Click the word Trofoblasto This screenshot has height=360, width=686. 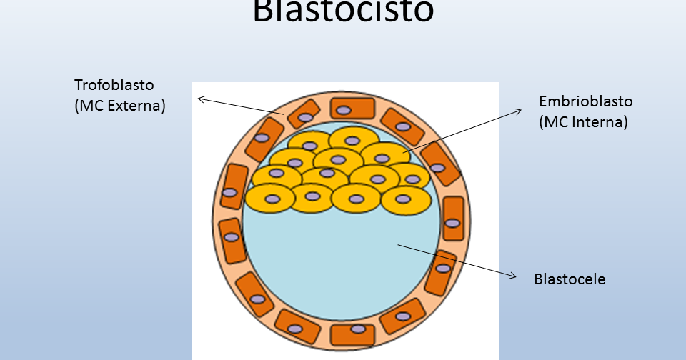click(x=114, y=85)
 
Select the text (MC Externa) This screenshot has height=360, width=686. click(x=120, y=106)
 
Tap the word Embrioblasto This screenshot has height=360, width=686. click(x=585, y=101)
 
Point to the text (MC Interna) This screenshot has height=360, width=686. click(x=583, y=122)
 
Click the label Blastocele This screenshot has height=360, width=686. click(x=570, y=279)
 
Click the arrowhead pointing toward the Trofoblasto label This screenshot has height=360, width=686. click(x=199, y=99)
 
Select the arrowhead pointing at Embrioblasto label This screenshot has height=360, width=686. click(x=520, y=111)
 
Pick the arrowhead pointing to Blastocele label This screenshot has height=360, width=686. click(x=512, y=276)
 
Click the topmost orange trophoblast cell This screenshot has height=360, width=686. click(x=352, y=109)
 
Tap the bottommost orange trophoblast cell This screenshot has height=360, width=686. click(x=353, y=333)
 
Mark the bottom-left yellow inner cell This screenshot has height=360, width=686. click(x=270, y=198)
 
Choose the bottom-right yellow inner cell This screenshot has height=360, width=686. click(x=406, y=199)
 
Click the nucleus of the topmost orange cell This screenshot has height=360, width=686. click(x=344, y=110)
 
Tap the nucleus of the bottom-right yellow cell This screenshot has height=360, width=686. click(x=404, y=199)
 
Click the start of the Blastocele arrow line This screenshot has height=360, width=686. click(x=398, y=246)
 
